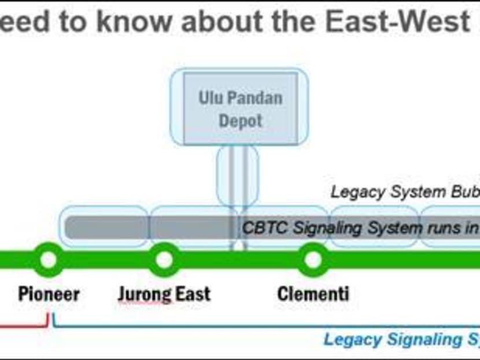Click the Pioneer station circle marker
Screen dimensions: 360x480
(x=48, y=259)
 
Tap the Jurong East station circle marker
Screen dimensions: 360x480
(x=164, y=259)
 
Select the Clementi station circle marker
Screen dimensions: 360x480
(x=313, y=259)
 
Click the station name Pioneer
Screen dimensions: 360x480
(x=49, y=293)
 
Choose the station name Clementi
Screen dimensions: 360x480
(x=313, y=293)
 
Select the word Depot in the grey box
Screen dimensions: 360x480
(x=241, y=121)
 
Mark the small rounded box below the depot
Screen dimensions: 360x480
(x=237, y=177)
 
